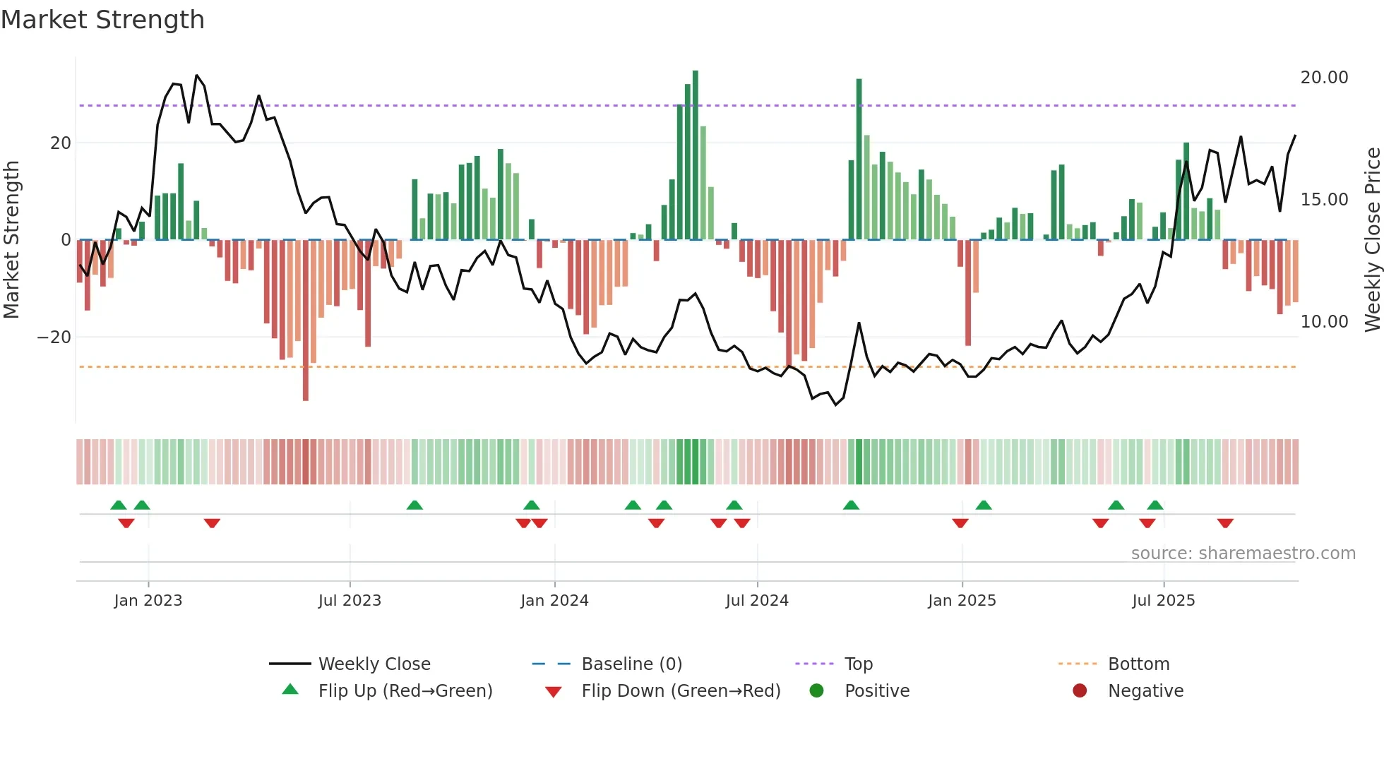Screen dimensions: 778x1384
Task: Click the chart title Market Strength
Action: point(102,20)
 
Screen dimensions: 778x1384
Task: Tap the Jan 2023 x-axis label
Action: point(148,601)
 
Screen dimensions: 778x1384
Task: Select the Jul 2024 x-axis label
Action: point(756,601)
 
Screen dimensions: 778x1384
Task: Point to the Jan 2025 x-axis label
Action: point(961,601)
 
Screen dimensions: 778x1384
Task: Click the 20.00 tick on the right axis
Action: point(1324,78)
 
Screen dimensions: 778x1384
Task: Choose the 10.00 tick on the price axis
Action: point(1324,322)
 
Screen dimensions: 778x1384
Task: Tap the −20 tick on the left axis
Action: point(54,337)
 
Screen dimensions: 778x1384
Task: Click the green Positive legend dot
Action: point(816,691)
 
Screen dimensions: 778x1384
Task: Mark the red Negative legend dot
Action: point(1080,691)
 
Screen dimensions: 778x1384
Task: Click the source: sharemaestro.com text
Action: point(1243,553)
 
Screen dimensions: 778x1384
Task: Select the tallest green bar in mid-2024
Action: point(696,155)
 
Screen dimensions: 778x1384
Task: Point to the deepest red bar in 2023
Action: point(306,321)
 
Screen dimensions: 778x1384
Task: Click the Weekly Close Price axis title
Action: point(1372,240)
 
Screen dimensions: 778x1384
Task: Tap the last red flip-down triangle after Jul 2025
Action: point(1225,523)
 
